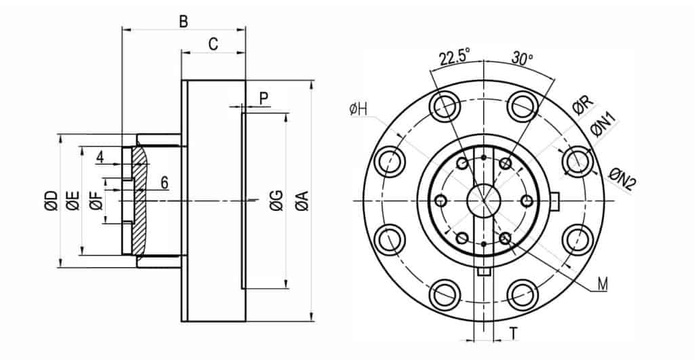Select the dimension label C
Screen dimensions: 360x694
point(213,45)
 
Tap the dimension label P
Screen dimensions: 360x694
point(264,98)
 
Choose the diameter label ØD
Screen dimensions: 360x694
point(51,201)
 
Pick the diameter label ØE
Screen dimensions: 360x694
point(73,201)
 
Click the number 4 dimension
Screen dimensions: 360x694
point(100,157)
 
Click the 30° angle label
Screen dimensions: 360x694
point(522,58)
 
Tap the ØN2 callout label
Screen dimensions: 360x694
point(620,180)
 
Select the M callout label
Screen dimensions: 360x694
point(602,285)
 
